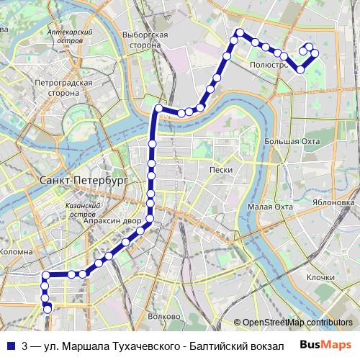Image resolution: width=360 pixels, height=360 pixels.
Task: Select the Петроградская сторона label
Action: [63, 88]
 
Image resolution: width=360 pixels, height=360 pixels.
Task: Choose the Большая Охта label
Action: [292, 141]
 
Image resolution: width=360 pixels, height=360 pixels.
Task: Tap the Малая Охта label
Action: [270, 207]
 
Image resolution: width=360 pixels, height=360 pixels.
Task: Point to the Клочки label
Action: [320, 277]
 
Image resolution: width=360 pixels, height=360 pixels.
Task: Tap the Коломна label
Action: [17, 252]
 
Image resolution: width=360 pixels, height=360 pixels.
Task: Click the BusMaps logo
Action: [325, 345]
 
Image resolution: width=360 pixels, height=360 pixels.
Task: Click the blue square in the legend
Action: [10, 346]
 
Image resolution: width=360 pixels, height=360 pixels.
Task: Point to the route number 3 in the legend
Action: [24, 346]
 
